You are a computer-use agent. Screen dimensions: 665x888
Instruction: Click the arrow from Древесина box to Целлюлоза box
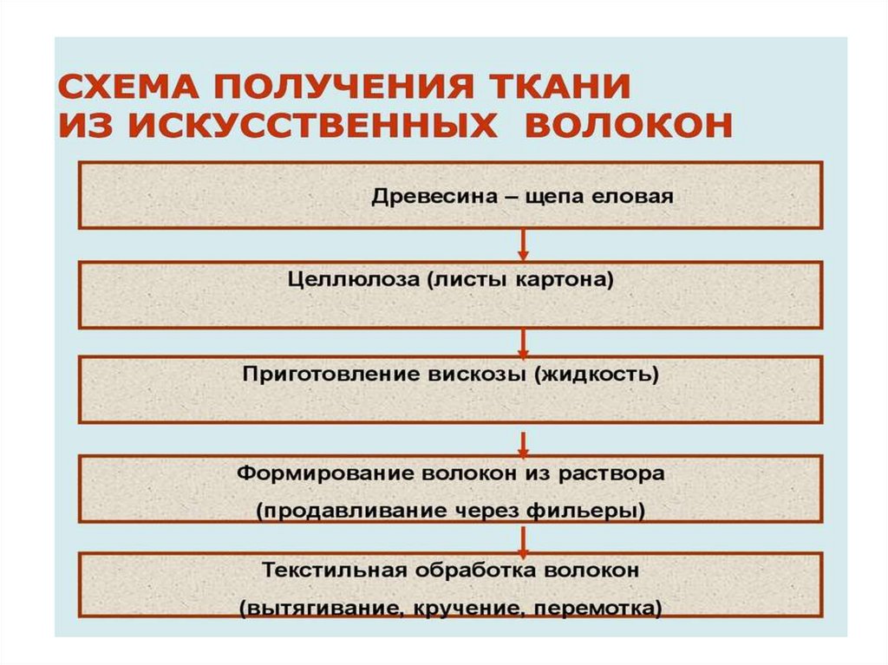523,244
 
